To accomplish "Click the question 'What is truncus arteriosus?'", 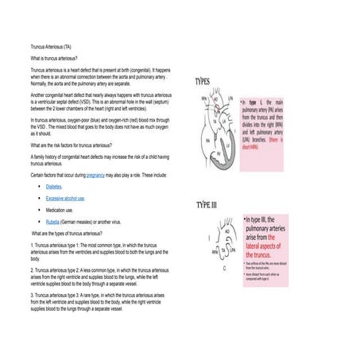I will click(x=53, y=59).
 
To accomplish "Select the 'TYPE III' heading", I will click(x=211, y=206).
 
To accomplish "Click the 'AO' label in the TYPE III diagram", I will click(x=226, y=234).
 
